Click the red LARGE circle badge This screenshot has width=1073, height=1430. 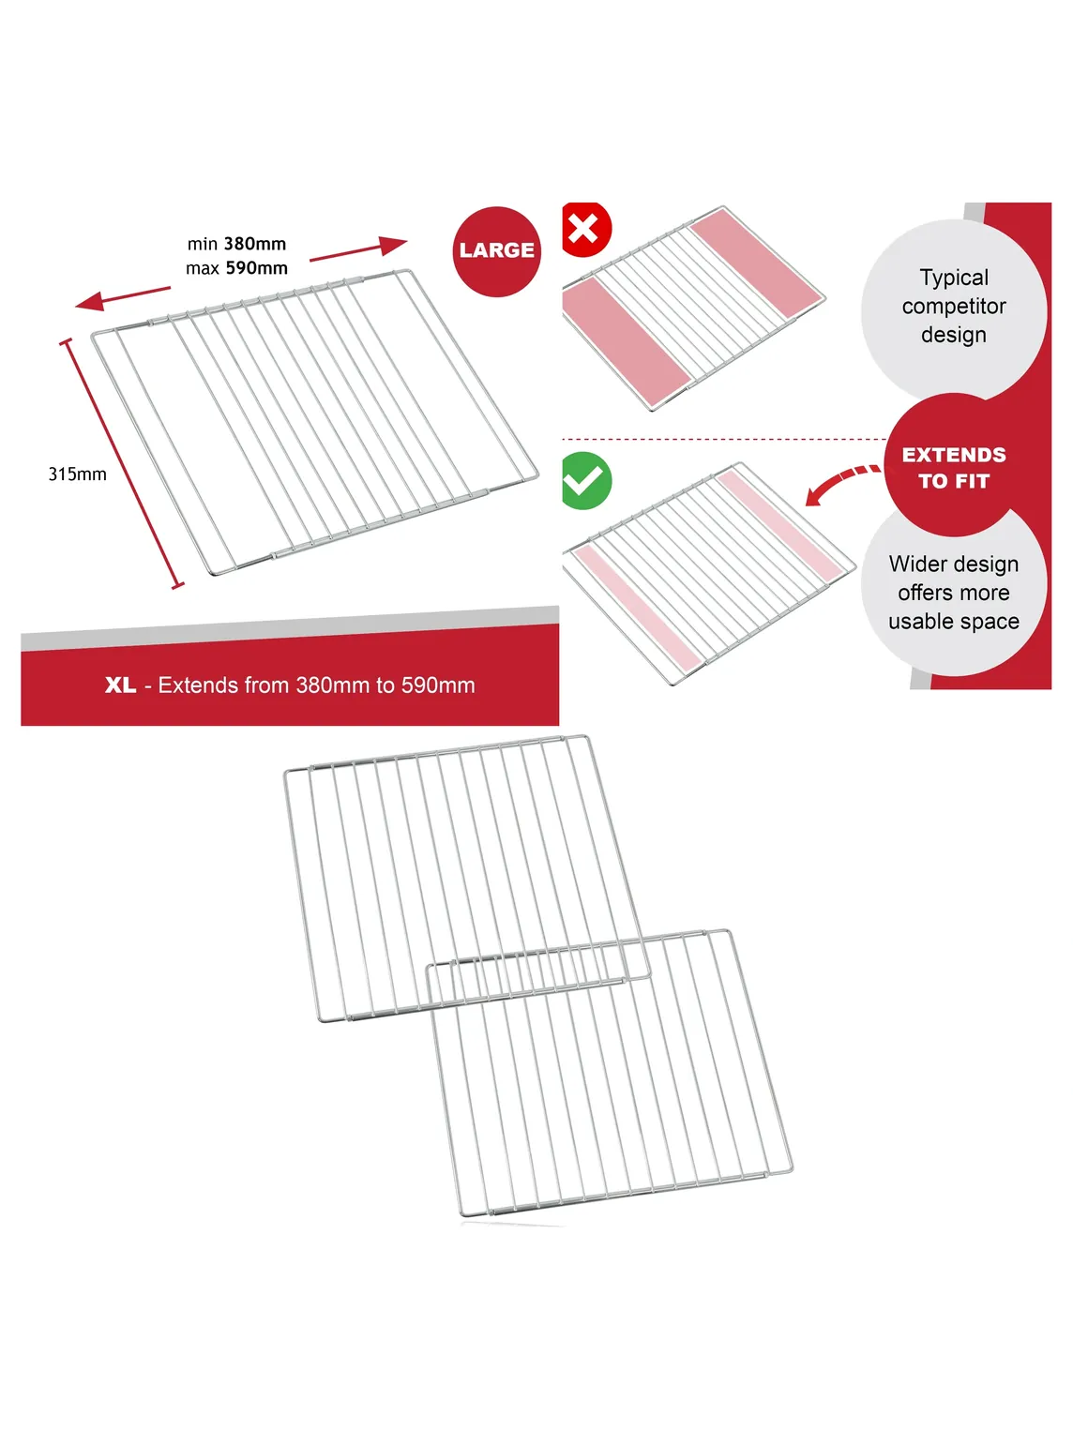point(496,251)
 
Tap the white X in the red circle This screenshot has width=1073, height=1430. point(583,229)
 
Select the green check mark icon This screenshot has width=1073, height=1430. point(585,481)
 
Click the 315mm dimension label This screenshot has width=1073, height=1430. point(78,474)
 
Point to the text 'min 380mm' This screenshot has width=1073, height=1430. point(236,244)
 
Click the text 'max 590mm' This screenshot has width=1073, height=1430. point(236,268)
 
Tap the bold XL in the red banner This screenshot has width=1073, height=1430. point(121,685)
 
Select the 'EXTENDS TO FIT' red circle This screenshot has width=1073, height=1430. point(954,465)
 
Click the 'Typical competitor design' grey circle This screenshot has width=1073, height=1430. point(954,309)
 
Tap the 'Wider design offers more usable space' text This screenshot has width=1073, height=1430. point(954,593)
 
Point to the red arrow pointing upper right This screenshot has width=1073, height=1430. point(358,250)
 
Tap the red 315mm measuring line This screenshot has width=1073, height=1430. point(122,464)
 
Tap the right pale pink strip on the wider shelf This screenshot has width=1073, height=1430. point(780,526)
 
